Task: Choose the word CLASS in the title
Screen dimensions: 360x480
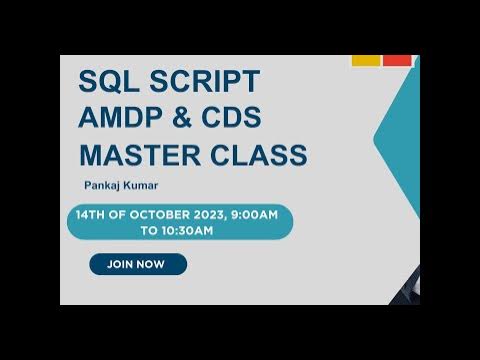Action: click(x=256, y=155)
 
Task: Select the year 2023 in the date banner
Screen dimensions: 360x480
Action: click(x=211, y=215)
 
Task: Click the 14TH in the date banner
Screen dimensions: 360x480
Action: click(x=92, y=215)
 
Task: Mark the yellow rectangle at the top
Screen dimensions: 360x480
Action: click(x=365, y=60)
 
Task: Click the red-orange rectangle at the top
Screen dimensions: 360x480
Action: click(x=397, y=60)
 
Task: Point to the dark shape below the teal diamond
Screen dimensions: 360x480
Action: click(x=409, y=289)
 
